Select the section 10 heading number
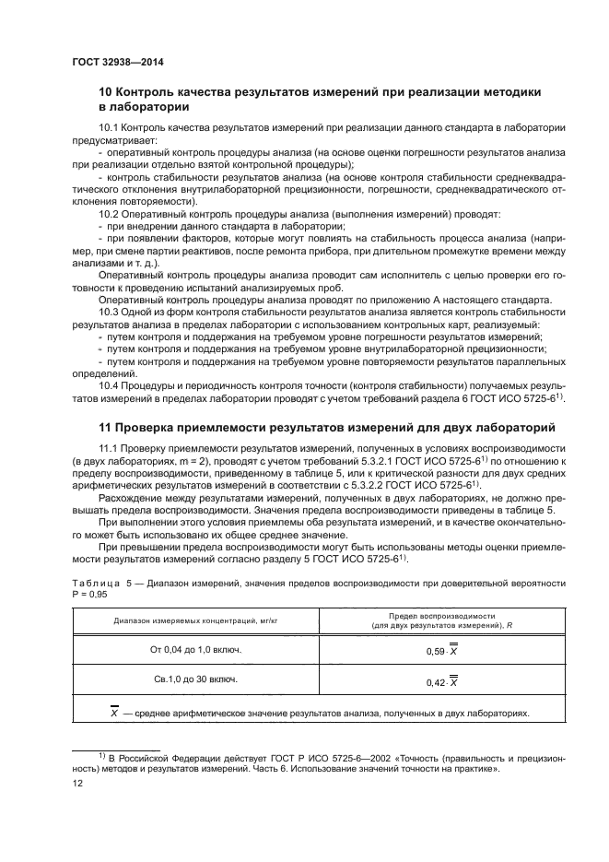point(106,92)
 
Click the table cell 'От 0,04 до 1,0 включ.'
point(195,650)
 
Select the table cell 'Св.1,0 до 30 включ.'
point(195,679)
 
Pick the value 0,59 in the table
point(437,652)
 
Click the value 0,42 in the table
point(437,682)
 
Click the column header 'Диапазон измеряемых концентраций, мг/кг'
point(195,621)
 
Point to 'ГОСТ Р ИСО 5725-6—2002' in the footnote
point(296,755)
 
